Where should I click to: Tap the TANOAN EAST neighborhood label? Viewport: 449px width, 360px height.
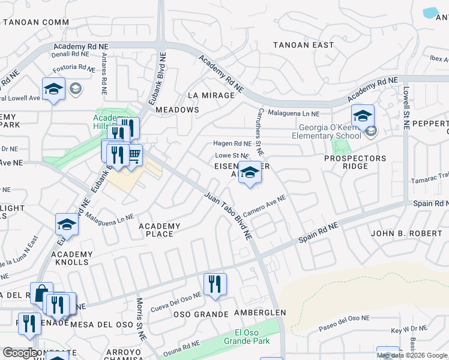pos(304,45)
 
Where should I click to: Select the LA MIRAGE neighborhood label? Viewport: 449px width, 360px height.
pos(210,95)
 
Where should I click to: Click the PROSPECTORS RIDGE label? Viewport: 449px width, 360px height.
pos(355,162)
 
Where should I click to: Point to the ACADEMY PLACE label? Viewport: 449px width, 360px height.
pos(160,230)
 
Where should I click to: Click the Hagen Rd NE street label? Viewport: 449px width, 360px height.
pos(232,144)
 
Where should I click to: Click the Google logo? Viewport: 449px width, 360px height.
pos(20,353)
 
